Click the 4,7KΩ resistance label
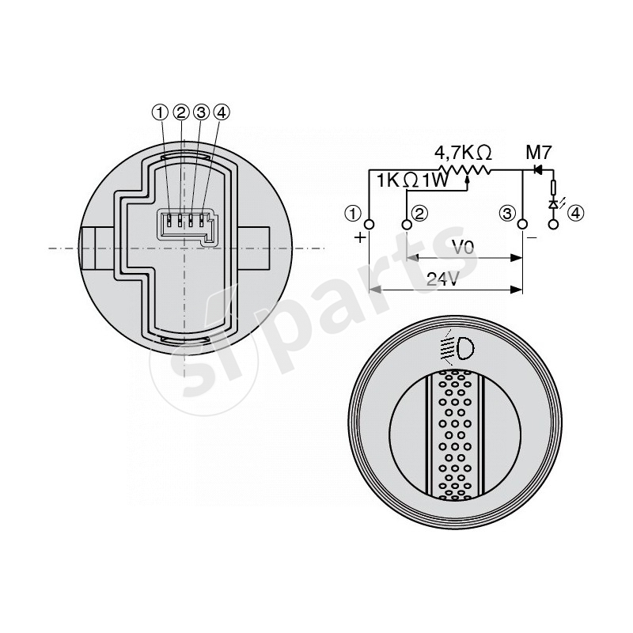pos(463,153)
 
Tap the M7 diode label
pos(538,153)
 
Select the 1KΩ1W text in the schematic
pos(412,181)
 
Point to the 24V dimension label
pos(443,279)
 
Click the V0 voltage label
pos(463,247)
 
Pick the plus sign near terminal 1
pos(359,237)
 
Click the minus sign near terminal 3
pos(532,238)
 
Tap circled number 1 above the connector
pos(160,112)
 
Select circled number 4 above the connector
pos(222,112)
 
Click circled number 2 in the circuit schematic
pos(419,213)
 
